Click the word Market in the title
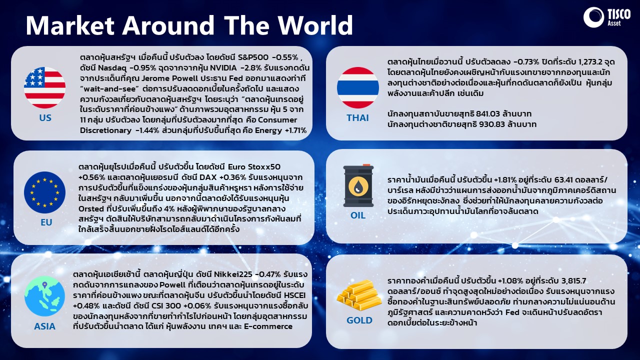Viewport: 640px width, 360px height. pyautogui.click(x=70, y=25)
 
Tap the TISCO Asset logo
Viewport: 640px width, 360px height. pyautogui.click(x=607, y=17)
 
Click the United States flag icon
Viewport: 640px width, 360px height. pyautogui.click(x=44, y=87)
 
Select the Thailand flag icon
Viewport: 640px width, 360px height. pyautogui.click(x=357, y=87)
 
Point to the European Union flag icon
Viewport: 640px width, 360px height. pyautogui.click(x=44, y=192)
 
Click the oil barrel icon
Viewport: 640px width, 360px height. pyautogui.click(x=358, y=185)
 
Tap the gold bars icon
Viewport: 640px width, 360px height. pyautogui.click(x=359, y=295)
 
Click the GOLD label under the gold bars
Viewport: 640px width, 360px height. pyautogui.click(x=359, y=320)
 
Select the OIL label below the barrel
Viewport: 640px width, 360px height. pyautogui.click(x=357, y=215)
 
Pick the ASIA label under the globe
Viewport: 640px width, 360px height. pyautogui.click(x=44, y=326)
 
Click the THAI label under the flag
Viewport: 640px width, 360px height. pyautogui.click(x=357, y=117)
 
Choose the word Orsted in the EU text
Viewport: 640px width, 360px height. pyautogui.click(x=91, y=209)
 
